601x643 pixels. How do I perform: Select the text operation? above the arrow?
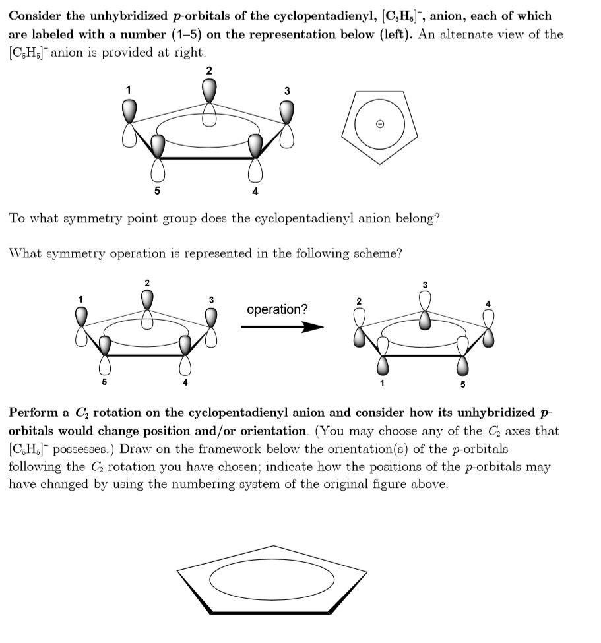pos(277,309)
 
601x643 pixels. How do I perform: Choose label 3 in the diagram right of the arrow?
pos(425,285)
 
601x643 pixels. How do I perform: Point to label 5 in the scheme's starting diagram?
pos(104,382)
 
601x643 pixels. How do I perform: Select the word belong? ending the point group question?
pos(414,218)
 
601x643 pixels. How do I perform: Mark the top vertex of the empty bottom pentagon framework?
pos(274,546)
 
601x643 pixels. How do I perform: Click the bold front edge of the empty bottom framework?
pos(274,613)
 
